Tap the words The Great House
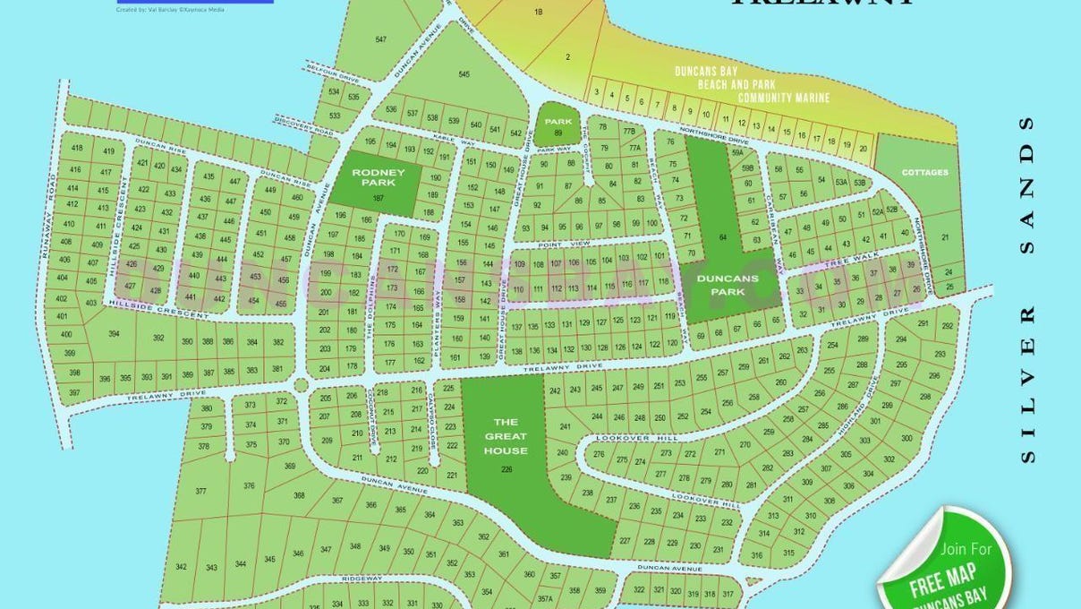point(506,436)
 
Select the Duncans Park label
point(728,284)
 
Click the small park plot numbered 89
point(558,126)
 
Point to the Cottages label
point(924,172)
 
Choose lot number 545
point(464,73)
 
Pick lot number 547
point(381,39)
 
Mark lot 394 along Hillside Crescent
point(114,334)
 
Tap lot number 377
point(200,491)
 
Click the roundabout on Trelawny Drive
point(302,385)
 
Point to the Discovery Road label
point(304,133)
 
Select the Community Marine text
point(784,98)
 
